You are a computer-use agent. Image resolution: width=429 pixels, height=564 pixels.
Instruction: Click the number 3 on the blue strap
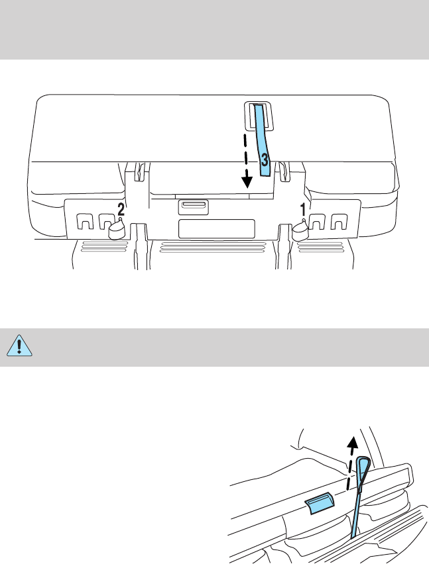point(264,160)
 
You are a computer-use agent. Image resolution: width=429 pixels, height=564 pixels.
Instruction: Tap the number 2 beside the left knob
point(121,209)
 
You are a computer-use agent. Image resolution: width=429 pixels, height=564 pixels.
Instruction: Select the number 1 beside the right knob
point(303,209)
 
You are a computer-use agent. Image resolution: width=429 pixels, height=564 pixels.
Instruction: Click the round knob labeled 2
point(117,229)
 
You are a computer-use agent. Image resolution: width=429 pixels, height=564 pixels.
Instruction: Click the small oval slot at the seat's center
point(193,207)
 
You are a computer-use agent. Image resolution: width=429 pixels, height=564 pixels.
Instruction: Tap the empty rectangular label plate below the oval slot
point(217,228)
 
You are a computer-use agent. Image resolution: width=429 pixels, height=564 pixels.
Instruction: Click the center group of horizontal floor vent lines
point(216,249)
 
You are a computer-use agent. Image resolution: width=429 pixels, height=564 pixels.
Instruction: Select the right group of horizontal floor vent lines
point(325,249)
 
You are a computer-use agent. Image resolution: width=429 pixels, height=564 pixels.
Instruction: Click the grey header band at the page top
point(214,30)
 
